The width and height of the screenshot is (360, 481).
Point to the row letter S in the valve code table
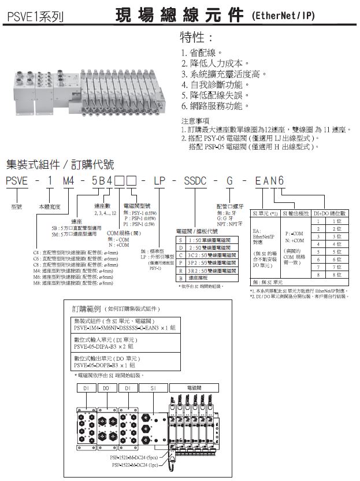coord(180,239)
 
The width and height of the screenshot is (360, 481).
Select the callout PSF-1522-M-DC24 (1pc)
coord(138,464)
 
